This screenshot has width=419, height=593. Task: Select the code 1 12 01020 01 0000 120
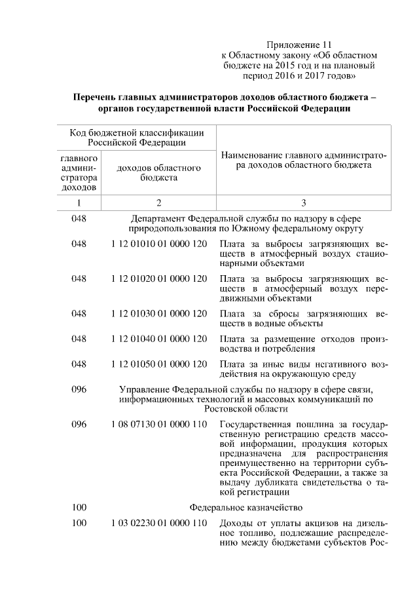pyautogui.click(x=159, y=278)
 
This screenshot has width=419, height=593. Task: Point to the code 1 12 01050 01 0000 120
pyautogui.click(x=159, y=364)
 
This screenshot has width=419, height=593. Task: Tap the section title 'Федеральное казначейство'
pyautogui.click(x=246, y=507)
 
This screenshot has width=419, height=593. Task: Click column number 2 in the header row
pyautogui.click(x=158, y=203)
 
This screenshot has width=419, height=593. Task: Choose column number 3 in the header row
pyautogui.click(x=304, y=203)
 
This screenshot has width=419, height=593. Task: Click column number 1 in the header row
pyautogui.click(x=79, y=203)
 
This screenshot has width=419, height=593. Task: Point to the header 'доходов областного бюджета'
pyautogui.click(x=158, y=173)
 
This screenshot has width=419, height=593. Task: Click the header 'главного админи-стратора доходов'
pyautogui.click(x=79, y=173)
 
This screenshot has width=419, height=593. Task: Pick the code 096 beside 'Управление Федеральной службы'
pyautogui.click(x=79, y=389)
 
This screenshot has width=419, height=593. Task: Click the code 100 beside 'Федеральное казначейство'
pyautogui.click(x=79, y=507)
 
